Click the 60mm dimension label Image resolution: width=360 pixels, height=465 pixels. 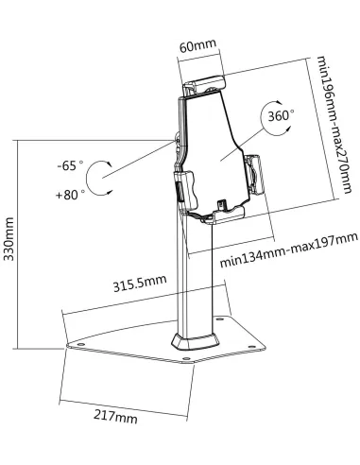(197, 46)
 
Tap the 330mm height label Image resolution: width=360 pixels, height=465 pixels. (9, 239)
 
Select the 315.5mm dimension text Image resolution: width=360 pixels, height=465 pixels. (140, 283)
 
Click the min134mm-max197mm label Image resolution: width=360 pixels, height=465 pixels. (289, 250)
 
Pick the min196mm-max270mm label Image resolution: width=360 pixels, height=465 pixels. (334, 125)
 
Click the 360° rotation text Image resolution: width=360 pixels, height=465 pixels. (281, 116)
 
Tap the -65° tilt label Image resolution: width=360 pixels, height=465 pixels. (71, 165)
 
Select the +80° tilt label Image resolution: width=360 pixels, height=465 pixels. (70, 195)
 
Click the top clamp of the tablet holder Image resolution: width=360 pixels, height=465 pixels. (205, 84)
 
